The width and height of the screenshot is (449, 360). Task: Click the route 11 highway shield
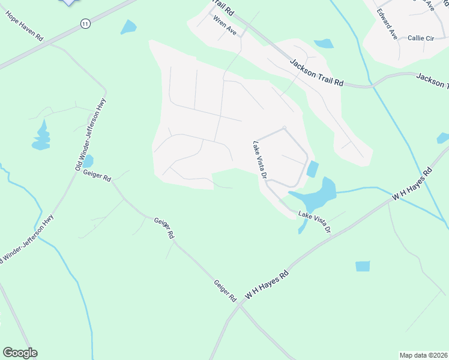pos(85,23)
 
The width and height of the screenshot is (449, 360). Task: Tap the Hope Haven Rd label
pos(25,25)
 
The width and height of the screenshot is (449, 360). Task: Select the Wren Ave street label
pos(224,23)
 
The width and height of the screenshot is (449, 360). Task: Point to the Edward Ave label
pos(387,25)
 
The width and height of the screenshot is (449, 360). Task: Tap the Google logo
pos(20,353)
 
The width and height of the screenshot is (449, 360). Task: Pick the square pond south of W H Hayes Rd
pos(363,266)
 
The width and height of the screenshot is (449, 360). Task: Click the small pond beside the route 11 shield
pos(128,27)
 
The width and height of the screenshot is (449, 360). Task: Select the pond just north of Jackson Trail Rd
pos(324,43)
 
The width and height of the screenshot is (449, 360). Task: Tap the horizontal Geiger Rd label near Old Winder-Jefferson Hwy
pos(98,178)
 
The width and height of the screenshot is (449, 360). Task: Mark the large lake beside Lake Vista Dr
pos(318,193)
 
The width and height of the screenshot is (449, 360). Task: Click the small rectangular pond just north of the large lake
pos(312,169)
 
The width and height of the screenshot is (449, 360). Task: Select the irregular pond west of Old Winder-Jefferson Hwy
pos(41,136)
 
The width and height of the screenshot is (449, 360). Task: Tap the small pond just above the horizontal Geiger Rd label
pos(88,161)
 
